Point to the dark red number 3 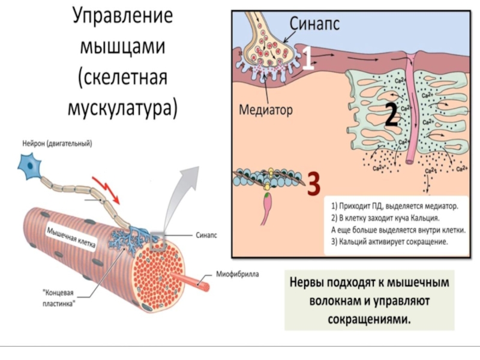pyautogui.click(x=313, y=184)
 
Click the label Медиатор pyautogui.click(x=265, y=111)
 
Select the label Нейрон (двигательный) pyautogui.click(x=58, y=143)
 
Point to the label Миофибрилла pyautogui.click(x=237, y=274)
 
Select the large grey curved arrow pyautogui.click(x=180, y=192)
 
